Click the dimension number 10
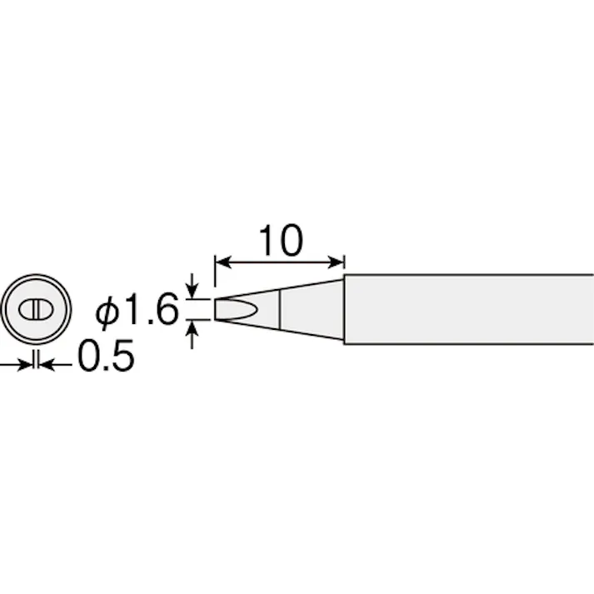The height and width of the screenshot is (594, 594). pos(281,240)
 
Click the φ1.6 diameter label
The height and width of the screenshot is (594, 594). pos(137,309)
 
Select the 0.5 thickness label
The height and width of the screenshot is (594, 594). pos(106,356)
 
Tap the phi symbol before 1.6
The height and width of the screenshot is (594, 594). pos(107,312)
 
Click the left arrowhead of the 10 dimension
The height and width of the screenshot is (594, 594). pos(223,262)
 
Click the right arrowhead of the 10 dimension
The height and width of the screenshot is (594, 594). pos(336,262)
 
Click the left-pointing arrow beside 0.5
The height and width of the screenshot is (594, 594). pos(55,365)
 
